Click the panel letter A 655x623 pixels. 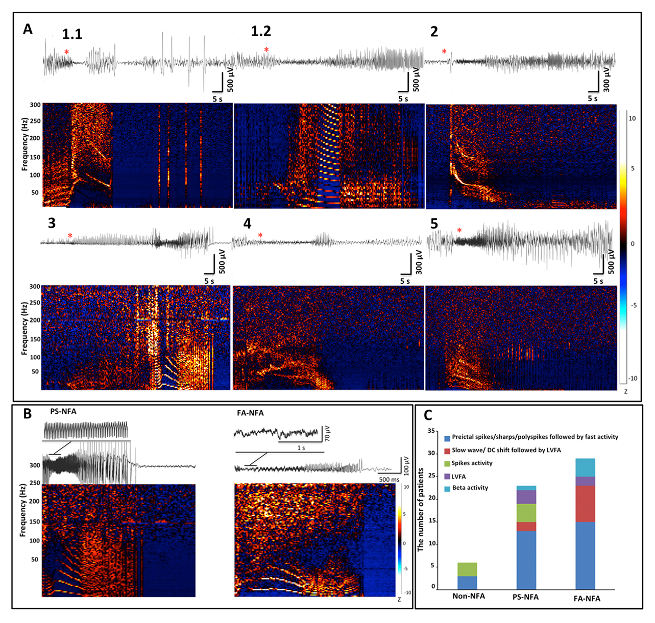click(28, 29)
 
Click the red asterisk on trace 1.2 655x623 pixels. click(266, 49)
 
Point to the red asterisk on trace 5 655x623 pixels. click(459, 231)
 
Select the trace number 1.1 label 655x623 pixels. click(72, 34)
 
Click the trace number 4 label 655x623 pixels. click(248, 224)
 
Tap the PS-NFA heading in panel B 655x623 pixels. click(63, 411)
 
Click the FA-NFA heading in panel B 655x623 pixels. click(250, 413)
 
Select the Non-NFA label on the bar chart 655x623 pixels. click(468, 595)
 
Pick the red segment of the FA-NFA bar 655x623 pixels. click(585, 504)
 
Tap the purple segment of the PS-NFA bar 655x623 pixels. click(526, 497)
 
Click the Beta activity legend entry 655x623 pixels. click(470, 488)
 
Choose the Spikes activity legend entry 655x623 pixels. click(472, 463)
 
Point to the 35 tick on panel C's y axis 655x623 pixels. click(431, 431)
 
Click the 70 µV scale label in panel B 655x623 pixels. click(326, 433)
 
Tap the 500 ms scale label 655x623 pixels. click(389, 480)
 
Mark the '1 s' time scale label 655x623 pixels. click(301, 448)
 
